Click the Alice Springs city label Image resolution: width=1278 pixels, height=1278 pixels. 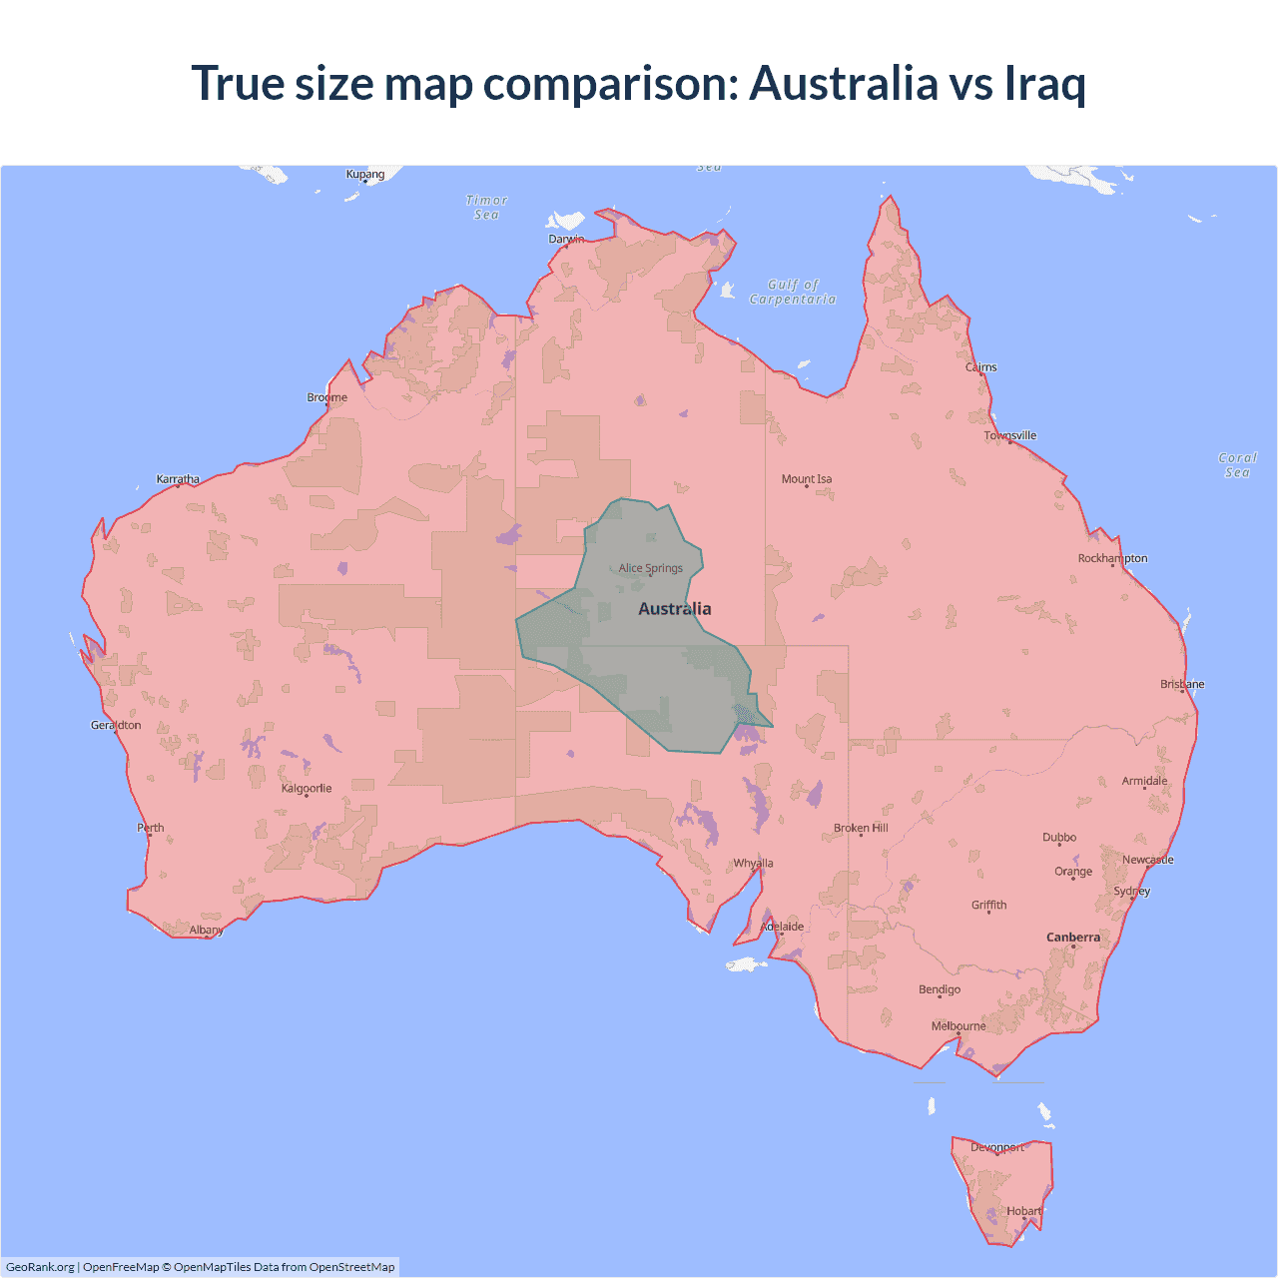tap(651, 568)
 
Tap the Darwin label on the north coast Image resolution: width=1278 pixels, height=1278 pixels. tap(566, 239)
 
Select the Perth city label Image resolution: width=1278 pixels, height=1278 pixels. tap(151, 828)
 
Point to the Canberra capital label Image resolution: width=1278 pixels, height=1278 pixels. tap(1073, 938)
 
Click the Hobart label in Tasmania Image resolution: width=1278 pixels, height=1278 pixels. tap(1024, 1211)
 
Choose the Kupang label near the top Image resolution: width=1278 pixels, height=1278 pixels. tap(365, 174)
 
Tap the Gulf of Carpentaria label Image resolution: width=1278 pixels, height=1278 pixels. tap(793, 292)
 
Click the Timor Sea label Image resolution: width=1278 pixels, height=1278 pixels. tap(487, 208)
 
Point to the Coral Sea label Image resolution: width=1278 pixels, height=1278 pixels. tap(1237, 465)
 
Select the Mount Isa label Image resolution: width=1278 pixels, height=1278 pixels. tap(807, 479)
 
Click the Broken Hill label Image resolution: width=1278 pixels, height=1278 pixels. tap(861, 828)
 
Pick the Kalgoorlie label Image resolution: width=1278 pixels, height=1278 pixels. tap(307, 789)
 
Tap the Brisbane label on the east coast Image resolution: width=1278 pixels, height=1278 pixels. tap(1182, 684)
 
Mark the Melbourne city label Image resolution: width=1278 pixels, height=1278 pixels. tap(958, 1026)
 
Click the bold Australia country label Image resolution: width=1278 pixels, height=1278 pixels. tap(675, 609)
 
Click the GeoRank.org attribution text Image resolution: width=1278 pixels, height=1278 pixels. tap(40, 1267)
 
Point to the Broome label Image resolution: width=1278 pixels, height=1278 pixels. tap(327, 397)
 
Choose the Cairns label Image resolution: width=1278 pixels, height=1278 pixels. tap(981, 367)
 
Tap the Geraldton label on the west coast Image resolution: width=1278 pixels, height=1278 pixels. tap(116, 725)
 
